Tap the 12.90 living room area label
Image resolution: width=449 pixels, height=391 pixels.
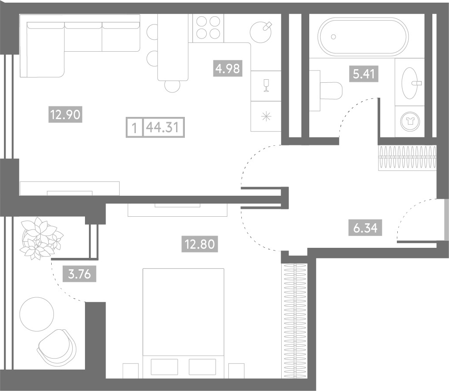(x=66, y=114)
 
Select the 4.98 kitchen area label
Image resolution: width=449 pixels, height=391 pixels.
(x=228, y=68)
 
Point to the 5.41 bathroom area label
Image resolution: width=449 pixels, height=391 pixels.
(x=364, y=74)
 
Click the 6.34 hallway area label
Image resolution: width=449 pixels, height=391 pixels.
(x=365, y=228)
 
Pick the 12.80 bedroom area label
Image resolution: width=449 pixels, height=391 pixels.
(x=200, y=244)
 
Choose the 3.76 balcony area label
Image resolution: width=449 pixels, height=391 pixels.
(x=79, y=274)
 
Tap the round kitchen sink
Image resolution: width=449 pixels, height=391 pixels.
(x=261, y=32)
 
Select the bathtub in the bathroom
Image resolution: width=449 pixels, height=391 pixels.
(x=364, y=36)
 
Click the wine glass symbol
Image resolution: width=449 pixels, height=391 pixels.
(x=266, y=85)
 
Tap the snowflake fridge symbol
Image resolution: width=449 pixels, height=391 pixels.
(x=266, y=116)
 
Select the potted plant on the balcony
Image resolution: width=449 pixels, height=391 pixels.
(x=41, y=238)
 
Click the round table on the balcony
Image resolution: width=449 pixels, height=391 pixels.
(x=37, y=314)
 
